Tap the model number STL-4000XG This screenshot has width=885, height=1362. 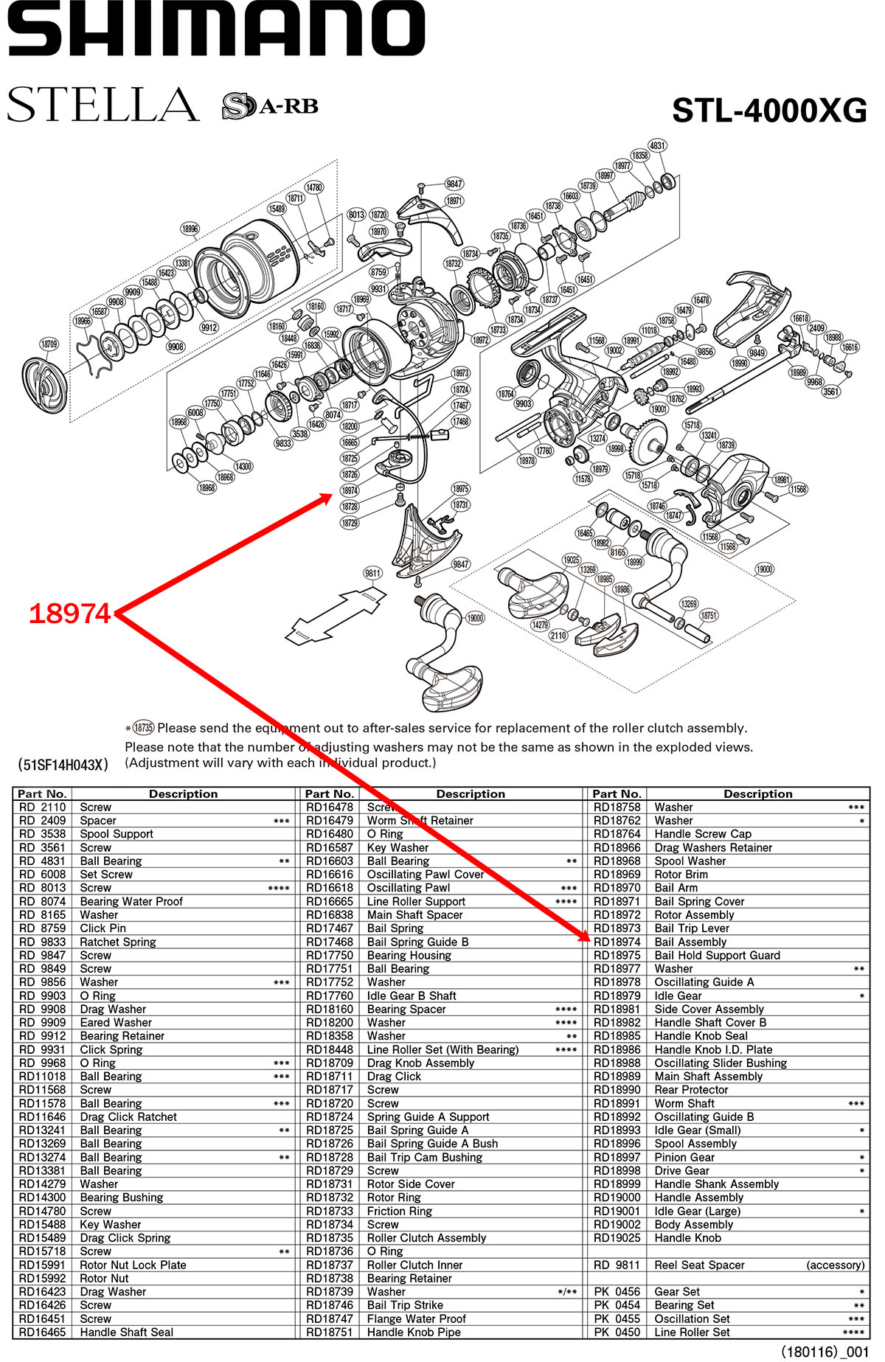click(769, 111)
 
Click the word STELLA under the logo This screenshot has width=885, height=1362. click(103, 105)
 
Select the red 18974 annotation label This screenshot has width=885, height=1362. click(69, 614)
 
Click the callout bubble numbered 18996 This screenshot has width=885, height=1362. click(190, 229)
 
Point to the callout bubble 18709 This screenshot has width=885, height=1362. click(49, 344)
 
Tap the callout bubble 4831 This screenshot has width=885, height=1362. click(657, 146)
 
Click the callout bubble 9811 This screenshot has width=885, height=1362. click(373, 573)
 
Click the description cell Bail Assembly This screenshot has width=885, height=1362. click(690, 942)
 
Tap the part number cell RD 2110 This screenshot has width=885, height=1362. click(42, 807)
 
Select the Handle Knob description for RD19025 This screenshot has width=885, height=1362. click(687, 1237)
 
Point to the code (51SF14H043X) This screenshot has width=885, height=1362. click(63, 765)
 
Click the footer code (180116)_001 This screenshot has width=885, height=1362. click(825, 1352)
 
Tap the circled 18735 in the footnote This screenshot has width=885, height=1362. click(143, 728)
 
